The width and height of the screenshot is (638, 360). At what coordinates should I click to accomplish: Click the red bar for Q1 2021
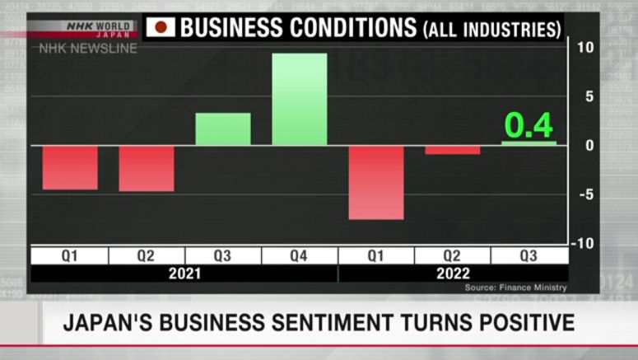tap(70, 167)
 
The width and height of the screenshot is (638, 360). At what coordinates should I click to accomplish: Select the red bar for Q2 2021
tap(147, 168)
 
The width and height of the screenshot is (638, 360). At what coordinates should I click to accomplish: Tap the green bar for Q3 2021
tap(223, 129)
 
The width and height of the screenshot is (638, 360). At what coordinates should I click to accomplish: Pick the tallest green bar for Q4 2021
tap(300, 100)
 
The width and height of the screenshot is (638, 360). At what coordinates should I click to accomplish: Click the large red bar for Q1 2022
tap(376, 182)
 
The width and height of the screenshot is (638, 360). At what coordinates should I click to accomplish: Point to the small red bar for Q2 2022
tap(453, 150)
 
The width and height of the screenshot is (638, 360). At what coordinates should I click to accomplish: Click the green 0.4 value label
tap(529, 125)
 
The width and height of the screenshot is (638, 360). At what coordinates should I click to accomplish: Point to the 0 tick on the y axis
tap(588, 146)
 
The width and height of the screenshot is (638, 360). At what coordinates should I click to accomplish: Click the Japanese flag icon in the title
tap(161, 27)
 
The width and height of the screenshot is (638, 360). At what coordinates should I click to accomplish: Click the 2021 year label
tap(184, 274)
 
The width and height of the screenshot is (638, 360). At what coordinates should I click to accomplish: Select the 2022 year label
tap(453, 274)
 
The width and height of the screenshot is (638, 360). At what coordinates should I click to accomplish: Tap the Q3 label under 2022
tap(529, 256)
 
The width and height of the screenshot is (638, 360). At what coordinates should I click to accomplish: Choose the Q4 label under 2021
tap(300, 256)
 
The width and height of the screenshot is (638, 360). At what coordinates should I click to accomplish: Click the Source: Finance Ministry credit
tap(515, 288)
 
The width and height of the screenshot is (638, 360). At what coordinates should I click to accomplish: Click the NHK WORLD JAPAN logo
tap(98, 29)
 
